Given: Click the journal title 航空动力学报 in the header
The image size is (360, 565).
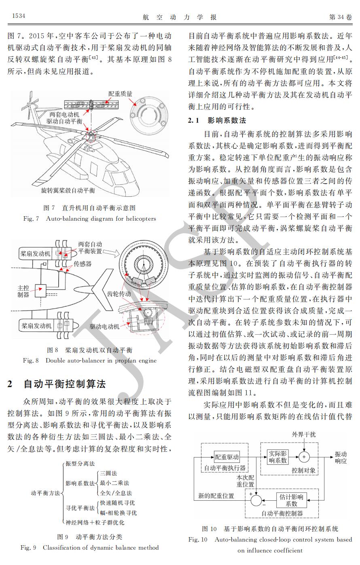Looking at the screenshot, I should [x=180, y=17].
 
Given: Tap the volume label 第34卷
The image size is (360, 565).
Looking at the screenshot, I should [x=341, y=17].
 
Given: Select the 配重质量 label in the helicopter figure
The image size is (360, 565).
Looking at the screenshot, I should [x=120, y=93].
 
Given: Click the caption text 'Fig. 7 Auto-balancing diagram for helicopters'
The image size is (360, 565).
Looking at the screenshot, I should [x=89, y=219].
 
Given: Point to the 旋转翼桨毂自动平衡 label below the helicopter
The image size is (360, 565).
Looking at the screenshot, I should [x=68, y=190].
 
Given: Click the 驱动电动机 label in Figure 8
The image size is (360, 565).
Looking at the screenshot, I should [x=105, y=326].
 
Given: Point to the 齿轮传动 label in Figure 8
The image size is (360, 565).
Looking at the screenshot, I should [x=119, y=294].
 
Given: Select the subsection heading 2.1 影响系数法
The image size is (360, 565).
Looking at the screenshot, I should [x=217, y=120].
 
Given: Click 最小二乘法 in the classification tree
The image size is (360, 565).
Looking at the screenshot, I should [x=114, y=483].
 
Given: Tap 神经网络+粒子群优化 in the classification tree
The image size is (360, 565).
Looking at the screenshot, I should [x=95, y=522].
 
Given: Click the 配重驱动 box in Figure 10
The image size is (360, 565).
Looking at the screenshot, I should [x=227, y=457].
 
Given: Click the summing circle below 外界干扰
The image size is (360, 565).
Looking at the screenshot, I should [x=304, y=457].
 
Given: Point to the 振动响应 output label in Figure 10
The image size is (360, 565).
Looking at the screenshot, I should [x=341, y=457].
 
